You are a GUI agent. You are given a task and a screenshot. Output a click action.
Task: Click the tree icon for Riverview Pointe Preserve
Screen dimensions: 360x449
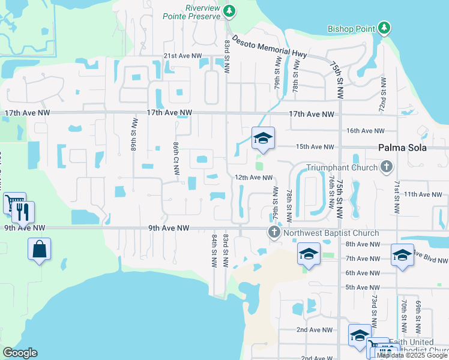point(229,11)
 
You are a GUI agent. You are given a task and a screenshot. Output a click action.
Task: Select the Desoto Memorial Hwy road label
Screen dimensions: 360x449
point(270,46)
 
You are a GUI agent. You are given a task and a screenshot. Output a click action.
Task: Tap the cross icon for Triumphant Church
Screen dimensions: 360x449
point(387,167)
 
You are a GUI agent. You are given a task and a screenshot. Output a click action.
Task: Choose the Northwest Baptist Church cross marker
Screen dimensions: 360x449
point(274,232)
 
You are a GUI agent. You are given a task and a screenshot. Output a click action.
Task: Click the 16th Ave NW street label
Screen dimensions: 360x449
point(365,131)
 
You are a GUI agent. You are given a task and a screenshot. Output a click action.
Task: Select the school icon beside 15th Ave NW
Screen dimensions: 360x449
point(263,139)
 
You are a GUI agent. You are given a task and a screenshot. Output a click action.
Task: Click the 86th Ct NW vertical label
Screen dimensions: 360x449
point(176,158)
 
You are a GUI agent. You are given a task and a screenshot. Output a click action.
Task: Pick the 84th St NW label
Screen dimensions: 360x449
point(214,251)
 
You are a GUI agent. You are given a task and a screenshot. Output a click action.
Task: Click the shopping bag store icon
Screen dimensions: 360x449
point(39,248)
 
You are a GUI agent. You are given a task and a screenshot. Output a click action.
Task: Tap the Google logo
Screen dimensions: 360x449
point(20,353)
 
